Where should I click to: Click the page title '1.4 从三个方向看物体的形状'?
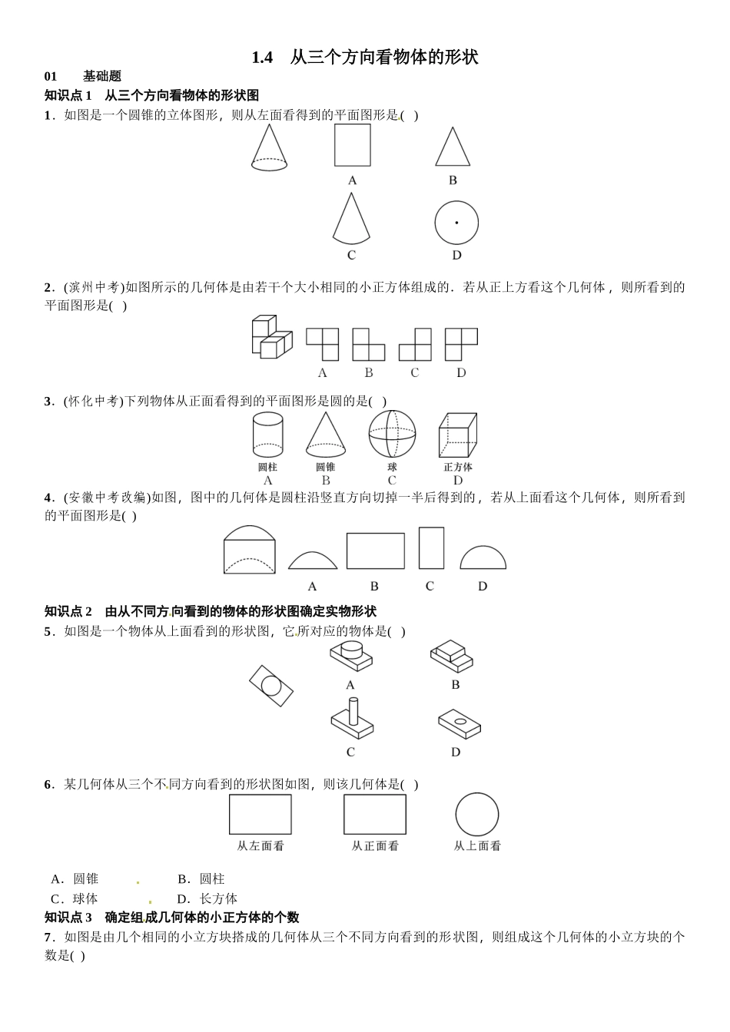tap(364, 58)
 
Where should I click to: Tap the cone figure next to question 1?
tap(269, 147)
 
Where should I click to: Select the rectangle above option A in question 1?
tap(352, 145)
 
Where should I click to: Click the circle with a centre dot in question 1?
tap(456, 223)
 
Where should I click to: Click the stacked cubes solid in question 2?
tap(272, 336)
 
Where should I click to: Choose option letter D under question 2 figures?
tap(461, 373)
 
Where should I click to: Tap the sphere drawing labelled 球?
tap(392, 435)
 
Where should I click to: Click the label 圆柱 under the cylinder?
tap(267, 467)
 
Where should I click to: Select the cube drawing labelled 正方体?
tap(457, 435)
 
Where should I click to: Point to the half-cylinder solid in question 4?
tap(249, 549)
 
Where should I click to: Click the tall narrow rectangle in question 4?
tap(431, 547)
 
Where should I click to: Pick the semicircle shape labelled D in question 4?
tap(483, 558)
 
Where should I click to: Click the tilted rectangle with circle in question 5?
tap(271, 686)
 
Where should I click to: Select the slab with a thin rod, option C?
tap(353, 718)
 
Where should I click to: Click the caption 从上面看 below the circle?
tap(477, 846)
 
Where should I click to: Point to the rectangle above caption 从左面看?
tap(260, 814)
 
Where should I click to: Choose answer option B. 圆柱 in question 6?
tap(201, 879)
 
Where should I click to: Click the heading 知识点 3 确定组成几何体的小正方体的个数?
tap(172, 918)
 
